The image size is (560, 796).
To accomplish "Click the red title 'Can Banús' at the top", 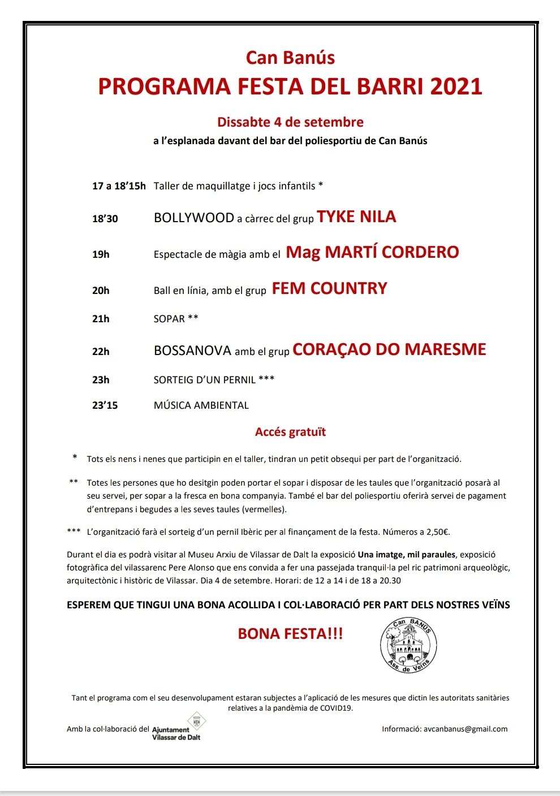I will point(290,58).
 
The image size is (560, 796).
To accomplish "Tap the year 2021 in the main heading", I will point(456,86).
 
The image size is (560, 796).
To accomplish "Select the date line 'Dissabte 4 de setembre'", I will point(290,122).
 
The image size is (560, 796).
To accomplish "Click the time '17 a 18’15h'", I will point(119,186).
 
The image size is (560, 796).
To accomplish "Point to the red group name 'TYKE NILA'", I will point(356,217).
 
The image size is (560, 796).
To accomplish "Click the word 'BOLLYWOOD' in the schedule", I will point(194,218).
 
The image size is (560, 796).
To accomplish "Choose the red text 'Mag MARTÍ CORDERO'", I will point(372,252).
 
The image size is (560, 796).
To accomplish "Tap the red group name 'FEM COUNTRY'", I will point(329,289).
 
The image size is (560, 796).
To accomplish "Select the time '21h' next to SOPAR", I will point(101,319).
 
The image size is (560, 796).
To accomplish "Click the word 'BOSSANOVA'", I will point(192,351).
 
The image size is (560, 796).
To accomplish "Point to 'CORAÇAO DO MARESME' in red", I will point(389,349).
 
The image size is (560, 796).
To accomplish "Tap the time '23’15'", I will point(105,405).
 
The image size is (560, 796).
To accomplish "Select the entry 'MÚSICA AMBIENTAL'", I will point(201,405).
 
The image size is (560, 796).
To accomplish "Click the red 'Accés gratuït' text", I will point(290,432).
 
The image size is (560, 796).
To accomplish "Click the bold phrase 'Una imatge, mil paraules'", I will point(407,555).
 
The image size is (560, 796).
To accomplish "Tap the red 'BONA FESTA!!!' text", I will point(290,634).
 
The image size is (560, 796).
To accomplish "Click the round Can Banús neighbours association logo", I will point(408,645).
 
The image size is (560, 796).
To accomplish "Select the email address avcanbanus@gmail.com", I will point(466,729).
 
